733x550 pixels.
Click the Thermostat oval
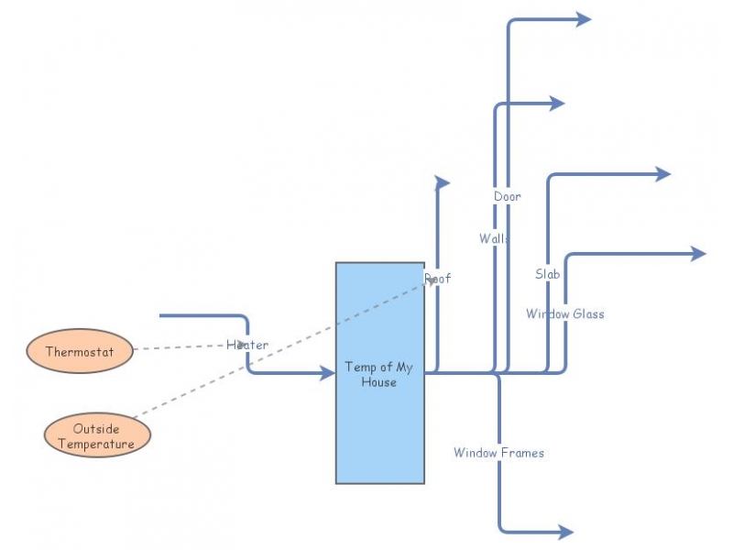tap(80, 351)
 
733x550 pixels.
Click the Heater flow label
tap(247, 345)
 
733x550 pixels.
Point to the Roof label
tap(437, 278)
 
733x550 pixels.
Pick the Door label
tap(507, 196)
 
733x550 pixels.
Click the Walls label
tap(494, 238)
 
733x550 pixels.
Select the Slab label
tap(548, 273)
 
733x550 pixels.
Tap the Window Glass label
tap(564, 313)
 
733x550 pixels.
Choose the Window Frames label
tap(498, 453)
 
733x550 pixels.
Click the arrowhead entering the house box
tap(326, 373)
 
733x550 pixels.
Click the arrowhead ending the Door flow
tap(583, 19)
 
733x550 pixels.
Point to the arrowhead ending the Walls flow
tap(556, 104)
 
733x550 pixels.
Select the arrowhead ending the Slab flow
tap(662, 174)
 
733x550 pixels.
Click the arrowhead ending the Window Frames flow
tap(564, 532)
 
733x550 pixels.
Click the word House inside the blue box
tap(378, 382)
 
